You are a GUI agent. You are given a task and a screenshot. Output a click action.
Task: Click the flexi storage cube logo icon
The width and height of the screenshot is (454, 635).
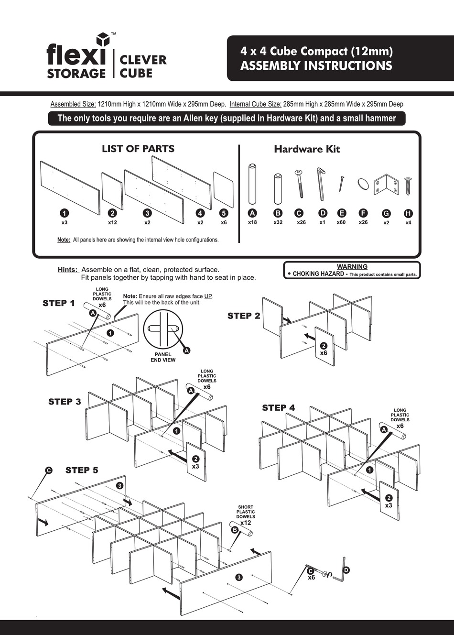pyautogui.click(x=102, y=39)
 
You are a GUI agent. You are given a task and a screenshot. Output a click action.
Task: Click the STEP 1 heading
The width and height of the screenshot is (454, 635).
pyautogui.click(x=59, y=303)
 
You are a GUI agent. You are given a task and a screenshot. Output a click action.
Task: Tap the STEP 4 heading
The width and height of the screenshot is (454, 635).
pyautogui.click(x=278, y=408)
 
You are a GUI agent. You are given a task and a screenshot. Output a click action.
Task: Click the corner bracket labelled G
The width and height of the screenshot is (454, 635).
pyautogui.click(x=386, y=184)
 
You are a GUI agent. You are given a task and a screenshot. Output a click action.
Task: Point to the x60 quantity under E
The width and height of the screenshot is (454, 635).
pyautogui.click(x=341, y=222)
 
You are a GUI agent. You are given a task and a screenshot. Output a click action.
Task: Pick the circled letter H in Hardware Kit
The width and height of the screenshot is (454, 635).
pyautogui.click(x=408, y=213)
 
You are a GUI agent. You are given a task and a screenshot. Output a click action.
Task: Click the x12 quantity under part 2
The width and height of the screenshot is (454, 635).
pyautogui.click(x=112, y=222)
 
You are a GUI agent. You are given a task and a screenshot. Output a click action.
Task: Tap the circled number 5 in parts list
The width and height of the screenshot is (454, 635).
pyautogui.click(x=224, y=213)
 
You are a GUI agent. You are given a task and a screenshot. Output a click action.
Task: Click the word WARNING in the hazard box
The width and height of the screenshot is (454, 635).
pyautogui.click(x=352, y=267)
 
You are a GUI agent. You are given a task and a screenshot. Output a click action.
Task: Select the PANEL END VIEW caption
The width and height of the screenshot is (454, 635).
pyautogui.click(x=163, y=357)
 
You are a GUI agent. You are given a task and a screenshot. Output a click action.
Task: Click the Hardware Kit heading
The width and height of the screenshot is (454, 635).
pyautogui.click(x=307, y=149)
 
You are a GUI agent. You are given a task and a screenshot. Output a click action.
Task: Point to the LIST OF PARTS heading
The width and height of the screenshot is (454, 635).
pyautogui.click(x=138, y=149)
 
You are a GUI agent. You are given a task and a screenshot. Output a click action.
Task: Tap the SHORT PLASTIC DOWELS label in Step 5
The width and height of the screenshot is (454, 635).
pyautogui.click(x=246, y=512)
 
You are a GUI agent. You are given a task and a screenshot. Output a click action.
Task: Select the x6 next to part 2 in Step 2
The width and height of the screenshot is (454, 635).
pyautogui.click(x=324, y=353)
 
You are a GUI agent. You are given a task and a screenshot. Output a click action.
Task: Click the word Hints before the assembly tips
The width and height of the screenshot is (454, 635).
pyautogui.click(x=67, y=270)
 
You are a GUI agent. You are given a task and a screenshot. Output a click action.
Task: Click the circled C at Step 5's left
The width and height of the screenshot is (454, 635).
pyautogui.click(x=48, y=471)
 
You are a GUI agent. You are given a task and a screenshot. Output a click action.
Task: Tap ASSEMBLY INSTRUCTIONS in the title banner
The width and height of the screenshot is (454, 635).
pyautogui.click(x=316, y=66)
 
